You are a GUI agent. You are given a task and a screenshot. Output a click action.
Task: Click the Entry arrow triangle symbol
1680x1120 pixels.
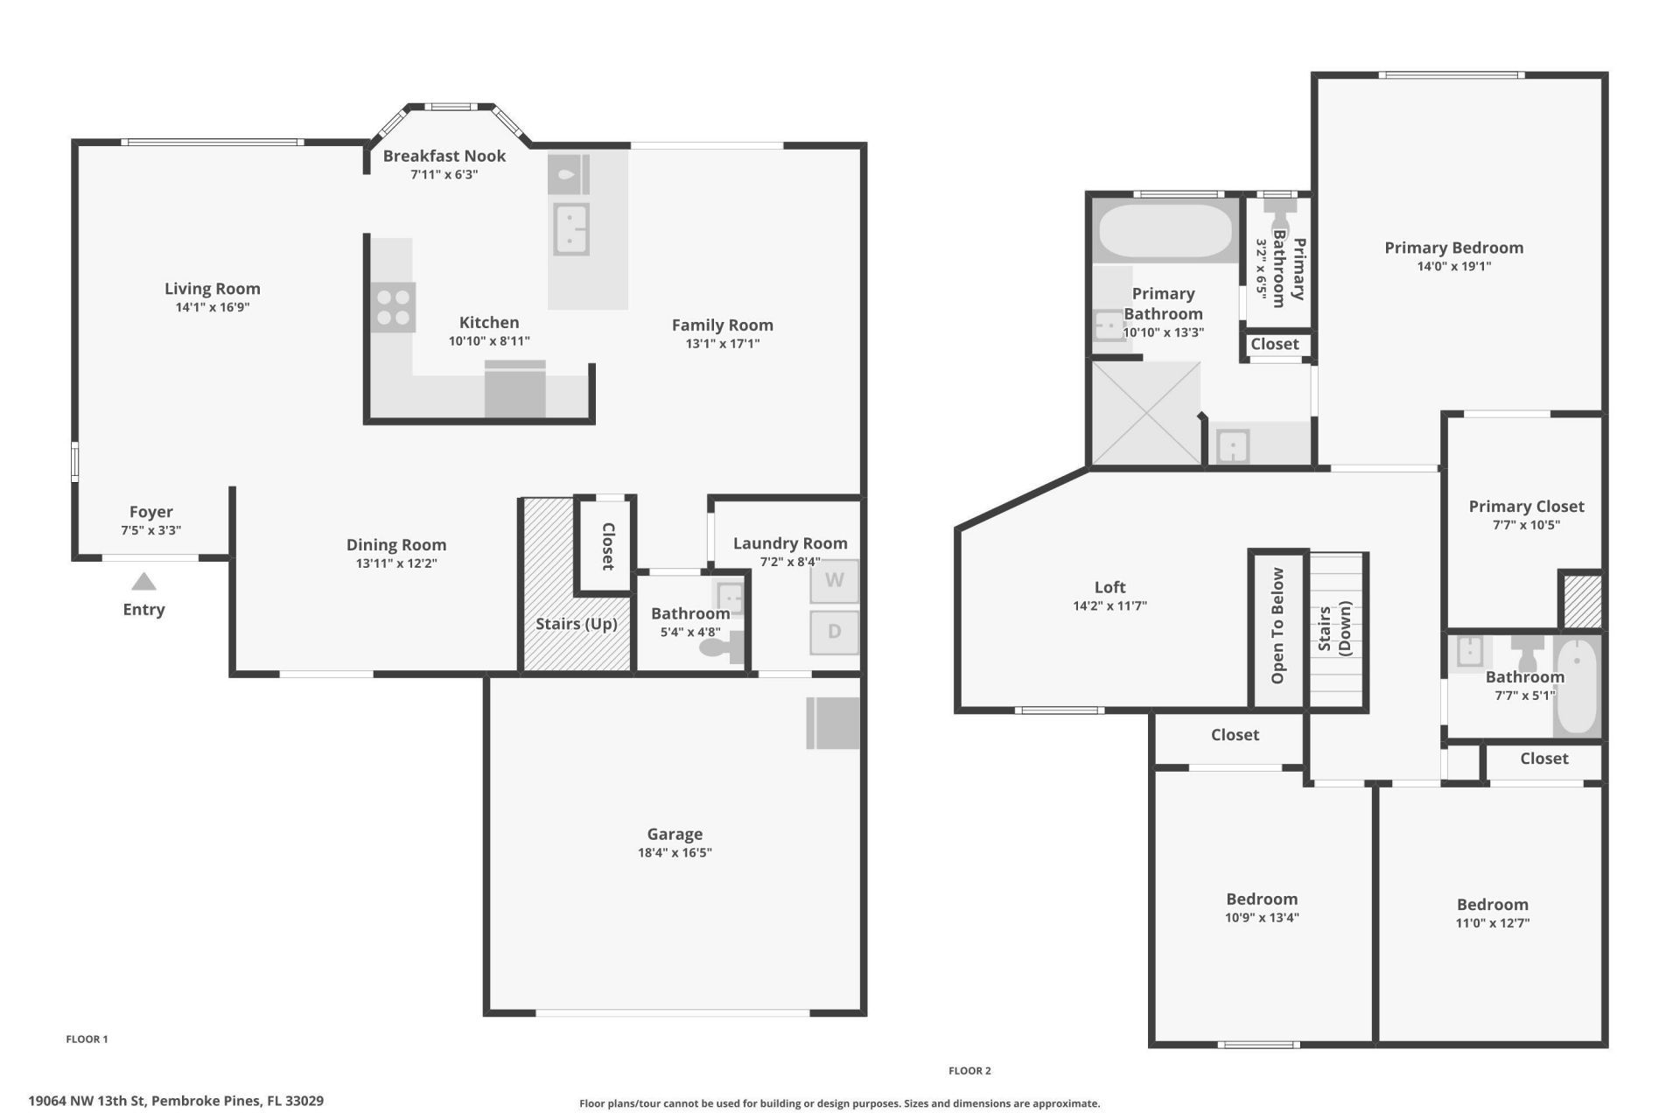click(x=143, y=582)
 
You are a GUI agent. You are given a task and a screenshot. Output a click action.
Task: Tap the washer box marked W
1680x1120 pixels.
click(x=834, y=581)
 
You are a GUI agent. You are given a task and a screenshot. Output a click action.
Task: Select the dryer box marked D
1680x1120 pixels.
click(x=834, y=632)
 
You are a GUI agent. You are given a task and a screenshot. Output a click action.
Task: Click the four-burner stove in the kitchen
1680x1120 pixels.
click(x=393, y=307)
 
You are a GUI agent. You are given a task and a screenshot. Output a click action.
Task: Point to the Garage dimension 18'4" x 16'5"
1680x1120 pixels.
click(x=675, y=853)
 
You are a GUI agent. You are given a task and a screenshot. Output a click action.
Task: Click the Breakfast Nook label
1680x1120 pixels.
click(x=444, y=156)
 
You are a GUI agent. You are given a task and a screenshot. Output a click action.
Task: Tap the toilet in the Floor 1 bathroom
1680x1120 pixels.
click(x=723, y=648)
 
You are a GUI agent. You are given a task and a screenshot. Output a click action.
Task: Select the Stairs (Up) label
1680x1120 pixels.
click(x=576, y=624)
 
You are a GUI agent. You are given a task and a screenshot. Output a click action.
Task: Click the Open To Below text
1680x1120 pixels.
click(x=1277, y=626)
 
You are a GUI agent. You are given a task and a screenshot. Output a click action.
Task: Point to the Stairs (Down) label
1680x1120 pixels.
click(x=1335, y=629)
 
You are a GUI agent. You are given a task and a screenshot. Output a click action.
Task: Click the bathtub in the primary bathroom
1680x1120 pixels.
click(x=1165, y=230)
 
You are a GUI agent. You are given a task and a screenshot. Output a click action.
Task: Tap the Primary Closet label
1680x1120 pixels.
click(x=1526, y=507)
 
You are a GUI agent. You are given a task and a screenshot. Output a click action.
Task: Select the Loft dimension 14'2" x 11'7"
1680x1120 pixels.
click(x=1109, y=605)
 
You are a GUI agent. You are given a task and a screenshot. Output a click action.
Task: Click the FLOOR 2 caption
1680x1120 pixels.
click(x=969, y=1071)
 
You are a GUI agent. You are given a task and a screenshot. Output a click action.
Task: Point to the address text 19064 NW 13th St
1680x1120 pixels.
click(x=175, y=1101)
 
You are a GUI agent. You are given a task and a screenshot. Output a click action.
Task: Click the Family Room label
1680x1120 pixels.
click(x=722, y=325)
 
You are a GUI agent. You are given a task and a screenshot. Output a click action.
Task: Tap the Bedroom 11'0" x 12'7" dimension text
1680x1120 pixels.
click(x=1492, y=923)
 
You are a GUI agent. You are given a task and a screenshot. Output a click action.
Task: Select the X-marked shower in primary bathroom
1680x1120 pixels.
click(x=1145, y=414)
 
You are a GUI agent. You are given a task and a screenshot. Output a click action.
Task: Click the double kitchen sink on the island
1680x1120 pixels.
click(x=571, y=229)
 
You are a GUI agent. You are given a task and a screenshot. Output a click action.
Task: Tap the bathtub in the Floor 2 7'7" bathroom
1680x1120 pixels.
click(x=1578, y=686)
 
